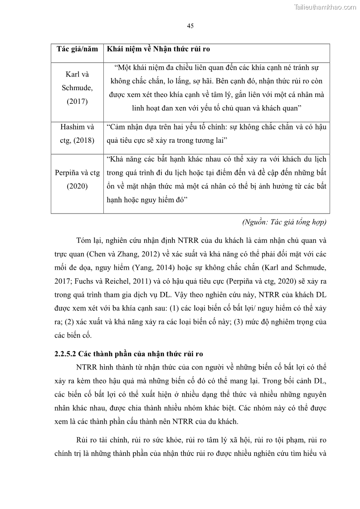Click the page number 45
(x=190, y=26)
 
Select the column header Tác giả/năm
(x=77, y=49)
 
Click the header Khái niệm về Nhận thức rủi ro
(x=158, y=49)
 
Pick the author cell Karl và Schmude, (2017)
(x=77, y=88)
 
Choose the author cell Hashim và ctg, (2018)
(x=77, y=134)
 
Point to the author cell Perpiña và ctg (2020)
(x=77, y=179)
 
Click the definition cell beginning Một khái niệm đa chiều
(x=216, y=88)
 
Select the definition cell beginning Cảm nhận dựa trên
(x=216, y=134)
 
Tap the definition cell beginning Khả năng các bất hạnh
(x=216, y=179)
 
